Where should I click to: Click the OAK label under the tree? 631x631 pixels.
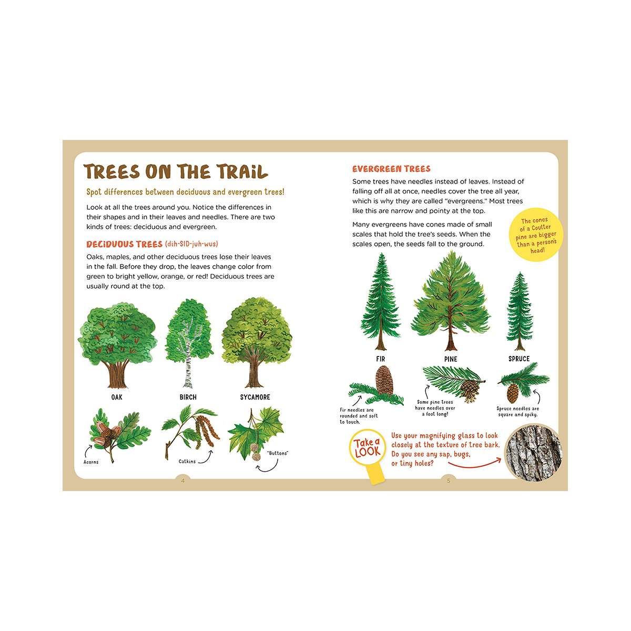[117, 397]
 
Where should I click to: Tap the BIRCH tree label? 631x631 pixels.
[188, 397]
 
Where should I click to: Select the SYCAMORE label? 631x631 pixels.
[255, 397]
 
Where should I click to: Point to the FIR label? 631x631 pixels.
[381, 359]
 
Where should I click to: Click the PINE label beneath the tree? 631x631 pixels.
[451, 359]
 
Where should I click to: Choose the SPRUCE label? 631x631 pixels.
[519, 359]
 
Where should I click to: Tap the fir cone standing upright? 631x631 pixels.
[384, 381]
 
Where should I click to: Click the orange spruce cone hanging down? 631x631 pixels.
[513, 393]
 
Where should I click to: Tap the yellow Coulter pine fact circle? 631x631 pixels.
[536, 235]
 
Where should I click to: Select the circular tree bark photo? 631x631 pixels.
[533, 453]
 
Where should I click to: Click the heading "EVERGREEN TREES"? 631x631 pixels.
[391, 169]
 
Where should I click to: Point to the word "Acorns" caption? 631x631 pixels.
[91, 462]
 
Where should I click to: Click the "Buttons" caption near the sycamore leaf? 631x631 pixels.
[278, 453]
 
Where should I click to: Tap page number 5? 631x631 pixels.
[449, 481]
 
